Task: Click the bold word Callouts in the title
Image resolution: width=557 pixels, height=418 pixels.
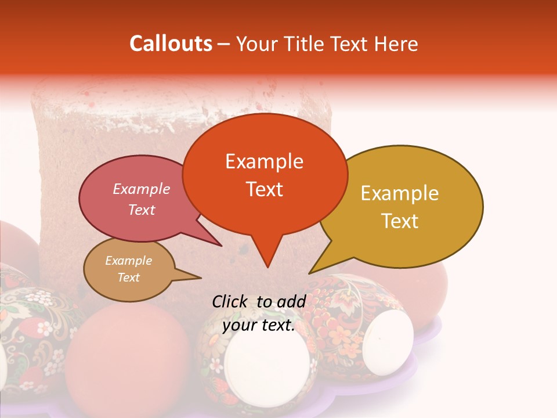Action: click(x=171, y=44)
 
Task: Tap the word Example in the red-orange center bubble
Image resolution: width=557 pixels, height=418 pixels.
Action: click(x=264, y=161)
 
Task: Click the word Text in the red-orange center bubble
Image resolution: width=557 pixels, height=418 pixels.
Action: click(x=265, y=189)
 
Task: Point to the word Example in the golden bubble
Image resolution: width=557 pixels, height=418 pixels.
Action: click(x=400, y=193)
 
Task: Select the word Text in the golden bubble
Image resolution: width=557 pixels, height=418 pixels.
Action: click(x=400, y=221)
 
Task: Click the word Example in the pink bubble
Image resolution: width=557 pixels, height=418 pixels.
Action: click(x=141, y=189)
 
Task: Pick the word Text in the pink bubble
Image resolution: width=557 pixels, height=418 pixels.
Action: click(x=142, y=210)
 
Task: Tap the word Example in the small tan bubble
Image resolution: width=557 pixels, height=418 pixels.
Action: click(x=128, y=261)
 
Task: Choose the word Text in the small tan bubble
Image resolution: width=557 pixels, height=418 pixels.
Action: click(x=129, y=278)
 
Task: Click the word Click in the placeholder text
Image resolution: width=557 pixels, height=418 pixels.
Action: click(x=231, y=301)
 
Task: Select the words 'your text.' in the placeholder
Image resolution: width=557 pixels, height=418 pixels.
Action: click(x=259, y=326)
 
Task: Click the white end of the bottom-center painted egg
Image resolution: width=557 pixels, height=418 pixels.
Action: click(x=266, y=363)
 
